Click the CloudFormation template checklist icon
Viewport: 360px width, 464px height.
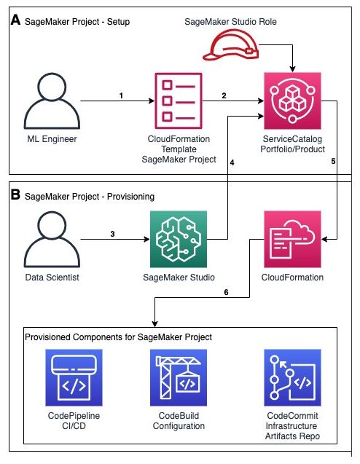[x=179, y=101]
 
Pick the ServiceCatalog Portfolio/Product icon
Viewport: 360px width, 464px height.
[x=292, y=101]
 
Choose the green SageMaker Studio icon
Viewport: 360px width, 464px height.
[x=179, y=239]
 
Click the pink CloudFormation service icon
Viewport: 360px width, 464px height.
[x=292, y=239]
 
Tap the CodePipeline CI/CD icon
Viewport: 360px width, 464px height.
[x=74, y=377]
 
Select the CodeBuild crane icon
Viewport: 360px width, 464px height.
[x=179, y=377]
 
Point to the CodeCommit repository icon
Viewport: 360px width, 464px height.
[x=292, y=377]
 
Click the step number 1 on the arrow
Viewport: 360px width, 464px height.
[x=121, y=95]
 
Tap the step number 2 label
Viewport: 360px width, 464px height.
[x=224, y=95]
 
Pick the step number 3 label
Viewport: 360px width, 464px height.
[x=112, y=234]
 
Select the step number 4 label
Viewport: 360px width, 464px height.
[x=232, y=162]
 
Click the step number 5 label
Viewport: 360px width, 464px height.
[x=333, y=161]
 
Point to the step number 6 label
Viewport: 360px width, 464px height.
[x=226, y=292]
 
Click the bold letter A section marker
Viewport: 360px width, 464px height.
[x=15, y=20]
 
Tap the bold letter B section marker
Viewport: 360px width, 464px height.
[x=15, y=194]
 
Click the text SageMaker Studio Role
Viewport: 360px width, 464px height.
[x=230, y=22]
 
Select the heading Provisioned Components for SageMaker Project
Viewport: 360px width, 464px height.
[x=118, y=337]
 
